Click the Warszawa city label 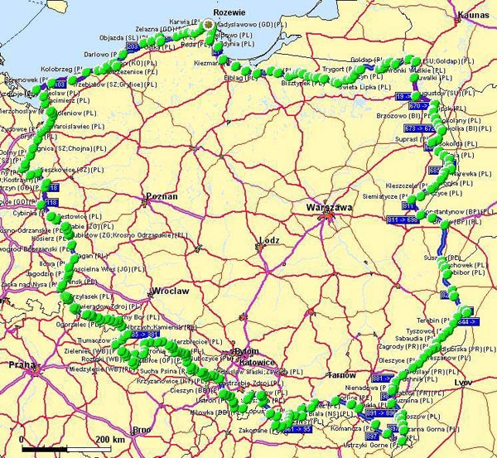(x=329, y=207)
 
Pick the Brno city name (x=142, y=429)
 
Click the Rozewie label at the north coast (x=228, y=12)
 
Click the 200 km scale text (x=111, y=438)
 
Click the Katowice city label (x=254, y=362)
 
